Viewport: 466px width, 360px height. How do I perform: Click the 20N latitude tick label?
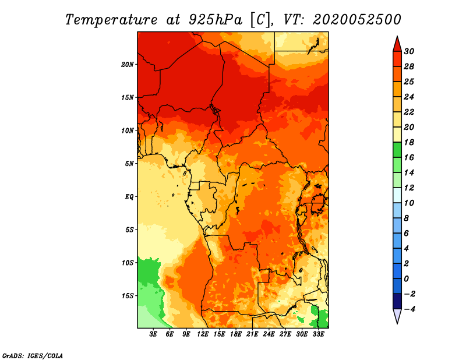pyautogui.click(x=127, y=65)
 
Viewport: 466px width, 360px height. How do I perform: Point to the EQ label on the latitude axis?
pyautogui.click(x=129, y=197)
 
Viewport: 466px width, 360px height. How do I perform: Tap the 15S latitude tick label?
pyautogui.click(x=128, y=296)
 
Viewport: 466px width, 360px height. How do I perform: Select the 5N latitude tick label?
pyautogui.click(x=129, y=164)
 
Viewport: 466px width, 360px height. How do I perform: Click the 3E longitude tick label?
pyautogui.click(x=153, y=334)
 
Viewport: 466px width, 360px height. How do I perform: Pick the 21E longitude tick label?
pyautogui.click(x=252, y=334)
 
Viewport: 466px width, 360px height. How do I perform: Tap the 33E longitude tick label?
pyautogui.click(x=318, y=334)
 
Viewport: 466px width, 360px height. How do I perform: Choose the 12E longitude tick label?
pyautogui.click(x=203, y=334)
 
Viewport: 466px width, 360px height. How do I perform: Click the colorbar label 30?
pyautogui.click(x=409, y=52)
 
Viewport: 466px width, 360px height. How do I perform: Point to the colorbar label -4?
pyautogui.click(x=409, y=309)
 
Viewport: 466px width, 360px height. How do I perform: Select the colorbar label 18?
pyautogui.click(x=409, y=143)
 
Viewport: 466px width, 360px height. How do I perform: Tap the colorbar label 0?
pyautogui.click(x=407, y=279)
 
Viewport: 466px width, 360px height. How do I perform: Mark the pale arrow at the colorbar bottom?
pyautogui.click(x=397, y=315)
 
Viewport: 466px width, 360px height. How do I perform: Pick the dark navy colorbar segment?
pyautogui.click(x=397, y=301)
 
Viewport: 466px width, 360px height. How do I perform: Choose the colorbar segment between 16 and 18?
pyautogui.click(x=397, y=150)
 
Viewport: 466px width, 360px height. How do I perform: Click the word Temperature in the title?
pyautogui.click(x=111, y=20)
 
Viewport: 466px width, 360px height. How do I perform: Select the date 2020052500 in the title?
pyautogui.click(x=357, y=20)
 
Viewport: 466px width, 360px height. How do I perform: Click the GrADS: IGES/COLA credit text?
pyautogui.click(x=33, y=356)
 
